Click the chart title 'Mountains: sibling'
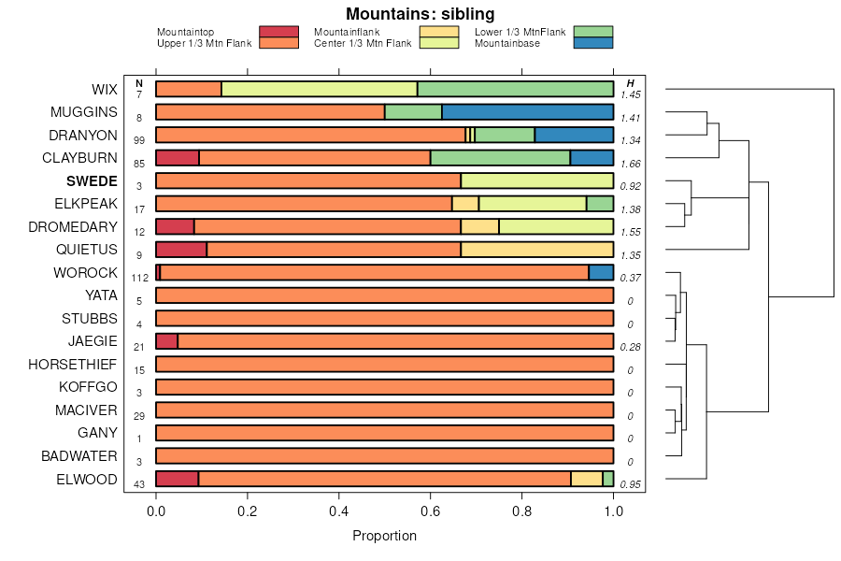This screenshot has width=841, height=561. [420, 14]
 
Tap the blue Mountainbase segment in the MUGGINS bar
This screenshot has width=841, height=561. [527, 112]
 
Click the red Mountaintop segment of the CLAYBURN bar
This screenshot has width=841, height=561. [178, 158]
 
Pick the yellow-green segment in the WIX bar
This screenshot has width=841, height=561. [319, 89]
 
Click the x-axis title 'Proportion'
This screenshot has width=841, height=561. [384, 536]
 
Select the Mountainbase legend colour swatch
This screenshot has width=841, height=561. [593, 43]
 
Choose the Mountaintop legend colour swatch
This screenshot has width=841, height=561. [278, 32]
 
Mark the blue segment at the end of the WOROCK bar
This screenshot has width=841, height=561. [601, 272]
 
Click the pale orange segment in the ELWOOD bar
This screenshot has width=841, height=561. [587, 479]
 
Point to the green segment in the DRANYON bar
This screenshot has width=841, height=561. [505, 135]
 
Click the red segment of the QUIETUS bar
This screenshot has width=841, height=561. [181, 250]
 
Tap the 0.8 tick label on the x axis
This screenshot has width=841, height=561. [522, 511]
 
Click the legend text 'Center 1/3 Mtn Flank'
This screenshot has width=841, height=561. [363, 43]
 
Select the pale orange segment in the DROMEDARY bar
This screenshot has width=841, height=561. [479, 226]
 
